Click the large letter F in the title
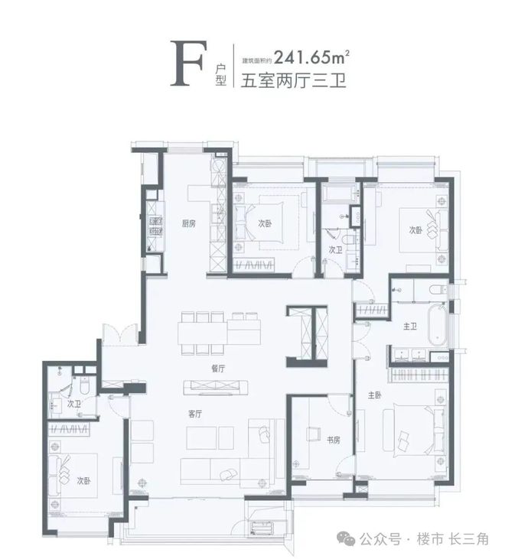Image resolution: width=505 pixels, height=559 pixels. [x=188, y=63]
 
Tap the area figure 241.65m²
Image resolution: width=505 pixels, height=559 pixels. [x=311, y=57]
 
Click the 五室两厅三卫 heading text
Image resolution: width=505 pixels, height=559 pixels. [x=293, y=80]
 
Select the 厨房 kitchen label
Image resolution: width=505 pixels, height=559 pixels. [x=189, y=223]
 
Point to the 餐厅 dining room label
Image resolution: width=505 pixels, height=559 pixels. [x=218, y=369]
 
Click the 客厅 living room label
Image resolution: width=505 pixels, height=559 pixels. [x=195, y=414]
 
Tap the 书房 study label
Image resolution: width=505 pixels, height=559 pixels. [x=334, y=440]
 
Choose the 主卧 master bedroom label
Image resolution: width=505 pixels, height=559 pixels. [x=375, y=395]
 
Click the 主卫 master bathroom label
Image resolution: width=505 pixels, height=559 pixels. [x=410, y=326]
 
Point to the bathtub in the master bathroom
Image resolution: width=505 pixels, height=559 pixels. [x=437, y=324]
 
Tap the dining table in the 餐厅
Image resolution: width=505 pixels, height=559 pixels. [x=220, y=332]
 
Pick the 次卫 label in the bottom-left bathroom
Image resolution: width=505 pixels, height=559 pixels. [x=73, y=404]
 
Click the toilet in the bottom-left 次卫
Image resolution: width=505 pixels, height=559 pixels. [x=85, y=385]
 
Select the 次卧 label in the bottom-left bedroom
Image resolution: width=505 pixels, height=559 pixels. [x=84, y=481]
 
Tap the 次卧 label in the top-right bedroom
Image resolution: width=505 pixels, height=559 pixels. [x=415, y=230]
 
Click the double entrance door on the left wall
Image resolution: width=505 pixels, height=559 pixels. [x=120, y=334]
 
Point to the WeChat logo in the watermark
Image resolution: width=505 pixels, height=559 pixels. [x=346, y=538]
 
